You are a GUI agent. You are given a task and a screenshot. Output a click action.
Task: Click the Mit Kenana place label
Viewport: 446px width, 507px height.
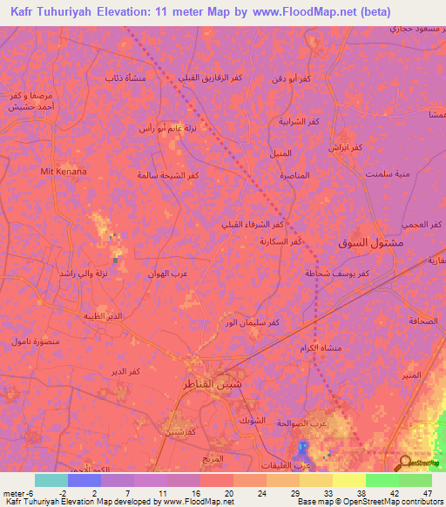point(64,172)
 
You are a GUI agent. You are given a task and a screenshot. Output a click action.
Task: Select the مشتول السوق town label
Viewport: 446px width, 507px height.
point(369,242)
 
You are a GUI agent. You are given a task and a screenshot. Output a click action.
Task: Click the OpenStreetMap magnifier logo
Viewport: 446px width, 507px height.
point(404,463)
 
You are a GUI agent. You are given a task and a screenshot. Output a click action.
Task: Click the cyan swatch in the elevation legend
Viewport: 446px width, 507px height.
point(51,480)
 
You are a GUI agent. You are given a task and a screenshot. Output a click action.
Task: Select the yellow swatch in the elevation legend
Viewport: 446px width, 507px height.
point(349,480)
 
